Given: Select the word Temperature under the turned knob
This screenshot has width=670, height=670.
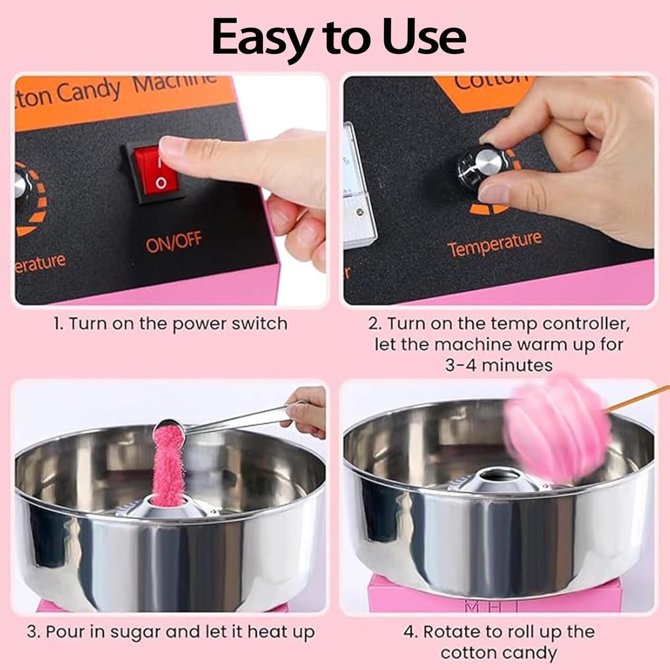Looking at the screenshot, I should pyautogui.click(x=495, y=244).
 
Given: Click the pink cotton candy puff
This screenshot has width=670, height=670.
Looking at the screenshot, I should pyautogui.click(x=556, y=429).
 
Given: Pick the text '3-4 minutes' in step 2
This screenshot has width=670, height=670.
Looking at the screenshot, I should pyautogui.click(x=499, y=365).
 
